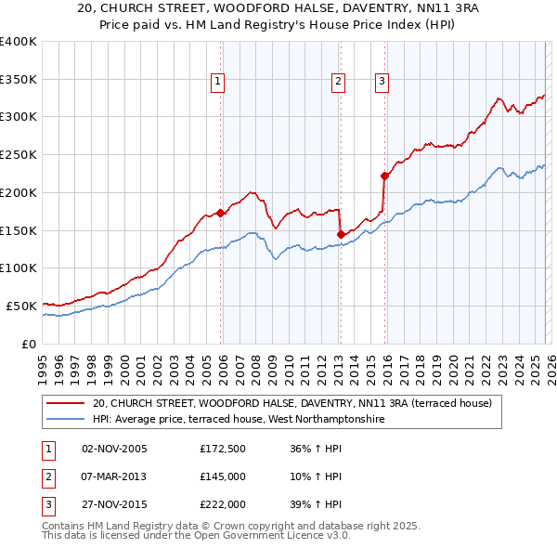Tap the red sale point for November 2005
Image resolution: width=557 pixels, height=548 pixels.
(x=220, y=213)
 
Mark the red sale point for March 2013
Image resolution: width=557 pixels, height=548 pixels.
(x=341, y=234)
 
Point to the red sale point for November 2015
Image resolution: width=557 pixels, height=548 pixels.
(x=384, y=175)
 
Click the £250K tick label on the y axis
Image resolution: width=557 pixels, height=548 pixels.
(x=19, y=154)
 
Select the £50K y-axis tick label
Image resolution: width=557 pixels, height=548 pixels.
(x=22, y=306)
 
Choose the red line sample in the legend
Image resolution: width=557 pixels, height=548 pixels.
(x=65, y=404)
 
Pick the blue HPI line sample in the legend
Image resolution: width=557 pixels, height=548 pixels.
(x=65, y=420)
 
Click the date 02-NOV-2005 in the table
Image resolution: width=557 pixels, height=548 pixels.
(x=114, y=449)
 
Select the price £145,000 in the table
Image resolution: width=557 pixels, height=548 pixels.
(x=223, y=476)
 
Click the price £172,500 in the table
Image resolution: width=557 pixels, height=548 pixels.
(x=223, y=449)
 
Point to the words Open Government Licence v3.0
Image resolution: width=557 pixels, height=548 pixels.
(x=278, y=536)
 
